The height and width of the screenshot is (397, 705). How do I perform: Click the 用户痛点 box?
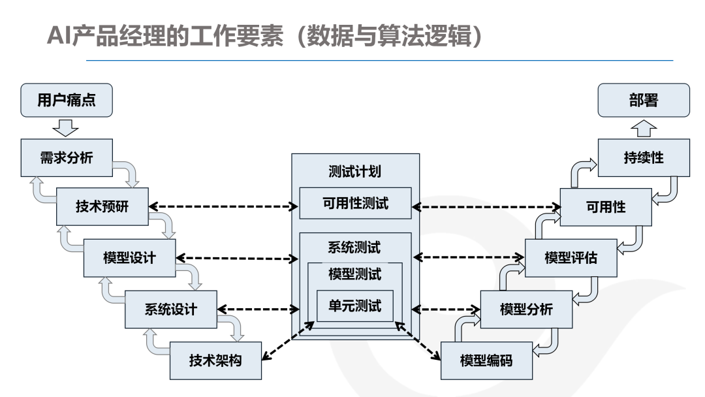pyautogui.click(x=67, y=101)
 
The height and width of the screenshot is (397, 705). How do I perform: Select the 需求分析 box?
pyautogui.click(x=67, y=157)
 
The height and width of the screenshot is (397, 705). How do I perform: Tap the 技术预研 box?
pyautogui.click(x=102, y=207)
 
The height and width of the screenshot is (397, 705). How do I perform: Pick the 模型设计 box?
pyautogui.click(x=129, y=257)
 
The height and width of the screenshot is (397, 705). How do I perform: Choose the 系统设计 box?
pyautogui.click(x=170, y=309)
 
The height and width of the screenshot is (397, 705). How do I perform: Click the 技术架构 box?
pyautogui.click(x=215, y=360)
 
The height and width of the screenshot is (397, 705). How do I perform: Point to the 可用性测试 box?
pyautogui.click(x=355, y=203)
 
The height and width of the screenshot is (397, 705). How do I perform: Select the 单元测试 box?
pyautogui.click(x=355, y=306)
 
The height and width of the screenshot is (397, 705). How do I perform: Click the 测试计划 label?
pyautogui.click(x=355, y=172)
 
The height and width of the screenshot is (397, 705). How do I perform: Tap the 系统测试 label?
pyautogui.click(x=355, y=247)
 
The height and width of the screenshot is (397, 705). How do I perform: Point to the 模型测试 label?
pyautogui.click(x=355, y=274)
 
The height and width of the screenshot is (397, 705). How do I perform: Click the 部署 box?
pyautogui.click(x=644, y=101)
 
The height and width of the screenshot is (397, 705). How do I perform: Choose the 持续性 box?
pyautogui.click(x=644, y=157)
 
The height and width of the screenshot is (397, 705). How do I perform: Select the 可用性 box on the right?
pyautogui.click(x=606, y=207)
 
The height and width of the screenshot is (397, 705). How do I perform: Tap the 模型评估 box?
pyautogui.click(x=571, y=257)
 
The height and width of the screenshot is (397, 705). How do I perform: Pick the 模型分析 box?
pyautogui.click(x=526, y=309)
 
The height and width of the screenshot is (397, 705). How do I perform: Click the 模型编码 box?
pyautogui.click(x=486, y=360)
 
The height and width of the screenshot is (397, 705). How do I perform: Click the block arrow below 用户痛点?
pyautogui.click(x=67, y=127)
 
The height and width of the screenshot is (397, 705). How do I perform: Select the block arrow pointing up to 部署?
pyautogui.click(x=644, y=127)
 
